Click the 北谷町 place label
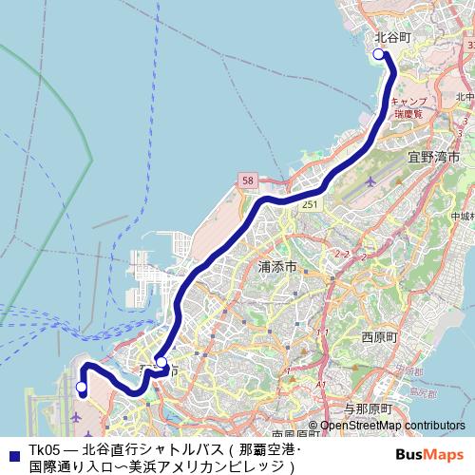392,37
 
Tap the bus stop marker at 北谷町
379,54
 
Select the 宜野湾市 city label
433,155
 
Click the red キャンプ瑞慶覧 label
411,105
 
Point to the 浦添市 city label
278,268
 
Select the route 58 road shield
248,179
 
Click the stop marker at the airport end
82,388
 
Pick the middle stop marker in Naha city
161,362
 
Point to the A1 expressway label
321,384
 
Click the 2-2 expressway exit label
343,254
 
